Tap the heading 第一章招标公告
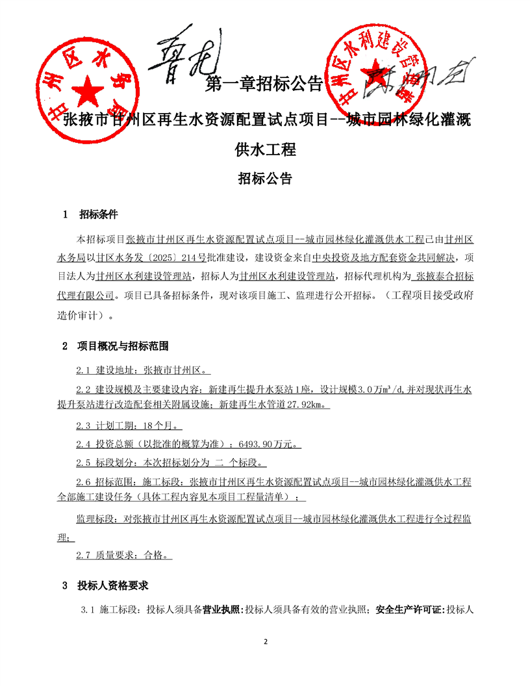(x=264, y=83)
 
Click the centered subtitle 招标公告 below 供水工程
(x=265, y=179)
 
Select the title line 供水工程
(x=265, y=150)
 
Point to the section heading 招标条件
(x=98, y=214)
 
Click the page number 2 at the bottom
(x=265, y=642)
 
